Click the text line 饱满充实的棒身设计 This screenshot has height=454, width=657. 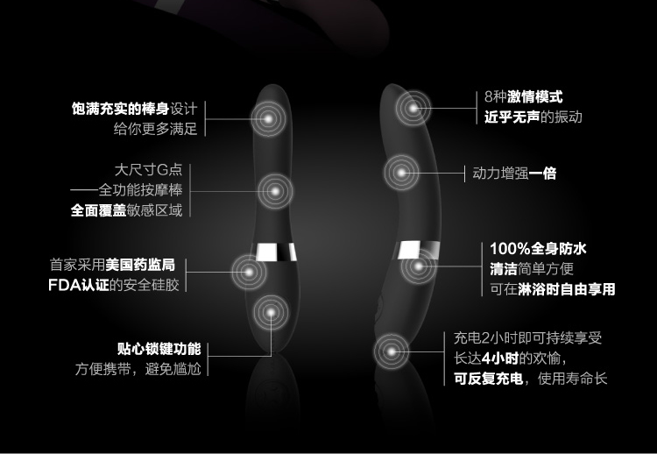coord(133,110)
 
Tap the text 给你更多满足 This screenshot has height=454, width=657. coord(155,129)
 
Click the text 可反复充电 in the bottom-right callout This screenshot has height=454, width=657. coord(488,379)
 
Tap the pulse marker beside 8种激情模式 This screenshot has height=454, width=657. coord(413,109)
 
